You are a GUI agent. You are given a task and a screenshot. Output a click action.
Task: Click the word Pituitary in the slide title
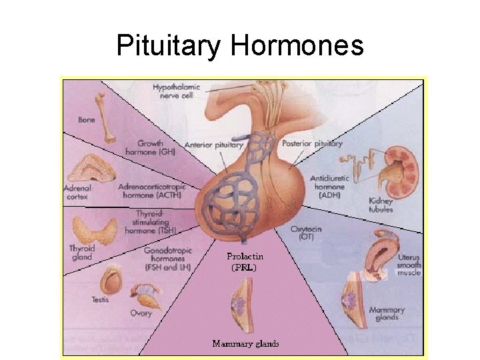coord(169,45)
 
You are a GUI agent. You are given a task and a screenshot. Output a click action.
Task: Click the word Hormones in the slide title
coord(297,45)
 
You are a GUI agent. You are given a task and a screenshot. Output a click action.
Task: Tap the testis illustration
coord(111,281)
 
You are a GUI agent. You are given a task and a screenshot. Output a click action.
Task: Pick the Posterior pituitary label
coord(312,143)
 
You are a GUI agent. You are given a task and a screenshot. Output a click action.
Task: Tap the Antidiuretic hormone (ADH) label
coord(328,187)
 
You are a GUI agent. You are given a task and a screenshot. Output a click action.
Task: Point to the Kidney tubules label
coord(381,205)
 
